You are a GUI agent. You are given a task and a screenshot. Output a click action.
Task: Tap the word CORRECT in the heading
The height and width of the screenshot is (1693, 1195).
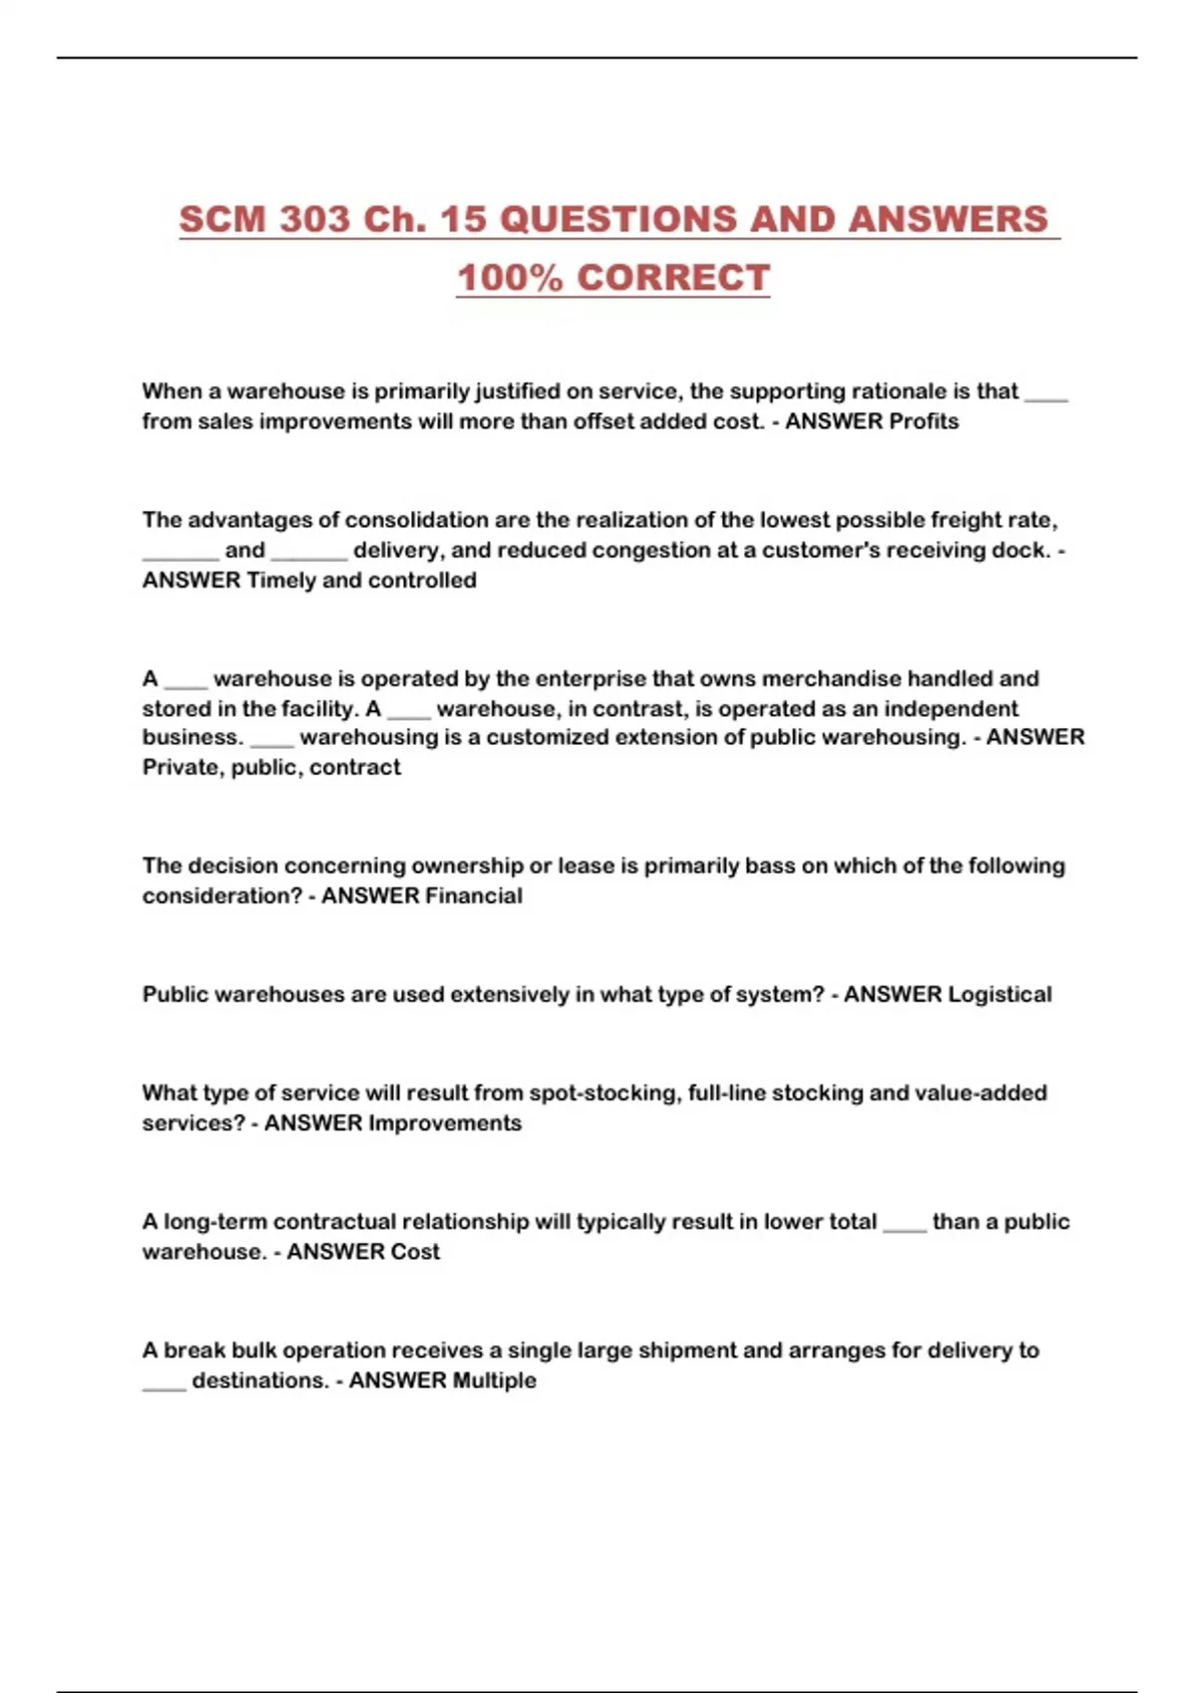(673, 278)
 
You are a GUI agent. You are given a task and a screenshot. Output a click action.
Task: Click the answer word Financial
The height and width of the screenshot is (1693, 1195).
(473, 895)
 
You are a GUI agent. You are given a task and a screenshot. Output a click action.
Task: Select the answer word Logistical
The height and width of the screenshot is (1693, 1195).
(999, 994)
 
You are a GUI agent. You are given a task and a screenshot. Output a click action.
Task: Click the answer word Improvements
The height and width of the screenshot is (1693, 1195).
(444, 1122)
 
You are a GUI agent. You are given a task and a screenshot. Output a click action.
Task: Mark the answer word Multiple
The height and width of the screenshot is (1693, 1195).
(494, 1380)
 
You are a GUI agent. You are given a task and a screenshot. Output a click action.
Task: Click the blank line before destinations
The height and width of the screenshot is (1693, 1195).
(164, 1384)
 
